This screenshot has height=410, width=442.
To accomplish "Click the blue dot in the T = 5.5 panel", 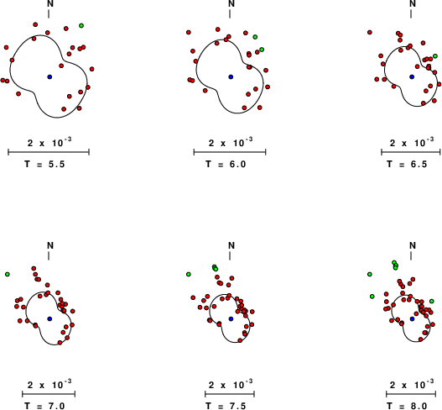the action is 49,76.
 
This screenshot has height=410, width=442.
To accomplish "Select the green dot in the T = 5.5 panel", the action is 81,26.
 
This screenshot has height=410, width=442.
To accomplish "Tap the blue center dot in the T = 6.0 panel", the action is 231,76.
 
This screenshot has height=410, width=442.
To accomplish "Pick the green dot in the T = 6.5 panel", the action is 435,56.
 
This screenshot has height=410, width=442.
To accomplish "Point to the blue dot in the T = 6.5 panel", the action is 412,76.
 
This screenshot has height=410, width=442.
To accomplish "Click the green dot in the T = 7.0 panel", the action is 8,274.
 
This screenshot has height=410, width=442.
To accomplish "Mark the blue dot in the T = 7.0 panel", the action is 49,318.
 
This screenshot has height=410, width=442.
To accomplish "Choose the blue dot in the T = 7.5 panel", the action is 231,318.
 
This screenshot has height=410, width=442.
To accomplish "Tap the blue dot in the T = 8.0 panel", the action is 412,318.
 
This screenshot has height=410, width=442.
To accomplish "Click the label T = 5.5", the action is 44,164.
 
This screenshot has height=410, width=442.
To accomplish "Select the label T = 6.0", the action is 226,164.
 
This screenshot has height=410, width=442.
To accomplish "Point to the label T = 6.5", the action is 407,164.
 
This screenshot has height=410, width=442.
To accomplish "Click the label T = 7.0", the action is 44,406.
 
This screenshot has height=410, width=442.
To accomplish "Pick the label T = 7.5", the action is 226,406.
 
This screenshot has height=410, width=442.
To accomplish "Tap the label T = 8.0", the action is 407,406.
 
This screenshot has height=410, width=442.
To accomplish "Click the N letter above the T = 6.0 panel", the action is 231,3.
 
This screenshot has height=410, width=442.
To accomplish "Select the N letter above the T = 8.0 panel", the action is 413,245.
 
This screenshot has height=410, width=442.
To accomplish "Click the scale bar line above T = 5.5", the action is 49,152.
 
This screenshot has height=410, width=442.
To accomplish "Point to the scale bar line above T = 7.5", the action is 230,394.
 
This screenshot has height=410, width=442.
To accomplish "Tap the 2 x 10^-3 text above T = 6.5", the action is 412,142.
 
